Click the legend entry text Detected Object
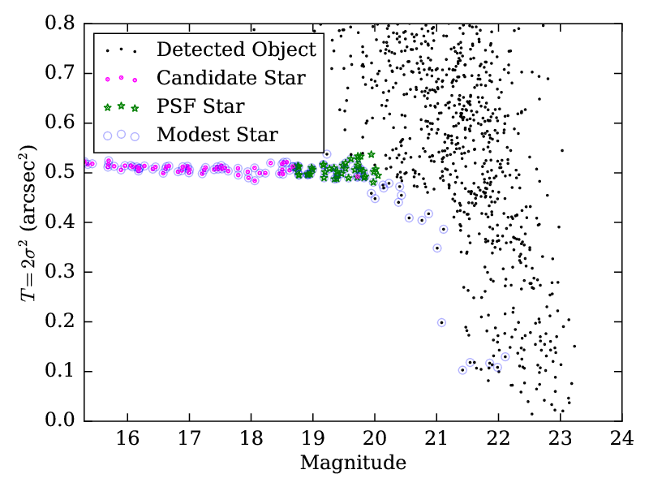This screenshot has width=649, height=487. point(236,50)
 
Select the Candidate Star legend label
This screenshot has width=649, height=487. point(231,78)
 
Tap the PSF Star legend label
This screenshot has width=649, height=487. point(200,106)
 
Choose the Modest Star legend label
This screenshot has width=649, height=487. point(217,134)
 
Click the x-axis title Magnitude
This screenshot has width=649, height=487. point(353,463)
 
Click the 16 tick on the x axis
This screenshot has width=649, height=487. point(127,438)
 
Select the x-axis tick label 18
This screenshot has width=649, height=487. point(251,438)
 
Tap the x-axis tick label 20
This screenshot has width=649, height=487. point(375,438)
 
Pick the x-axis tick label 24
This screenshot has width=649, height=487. point(622,438)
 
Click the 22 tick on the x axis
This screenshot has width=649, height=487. point(498,438)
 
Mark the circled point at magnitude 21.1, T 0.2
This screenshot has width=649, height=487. point(441,322)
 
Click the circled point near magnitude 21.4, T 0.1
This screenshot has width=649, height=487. point(462,370)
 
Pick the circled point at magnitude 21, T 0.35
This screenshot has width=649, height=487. point(436,248)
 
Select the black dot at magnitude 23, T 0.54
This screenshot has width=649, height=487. point(561,150)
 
